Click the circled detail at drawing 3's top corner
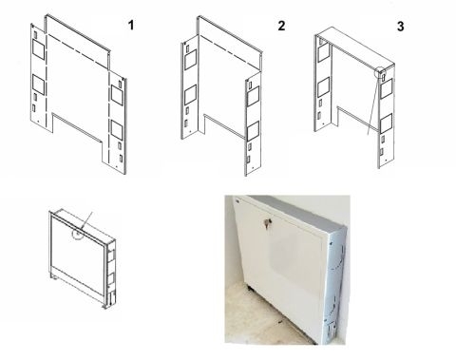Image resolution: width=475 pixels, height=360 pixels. [382, 71]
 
